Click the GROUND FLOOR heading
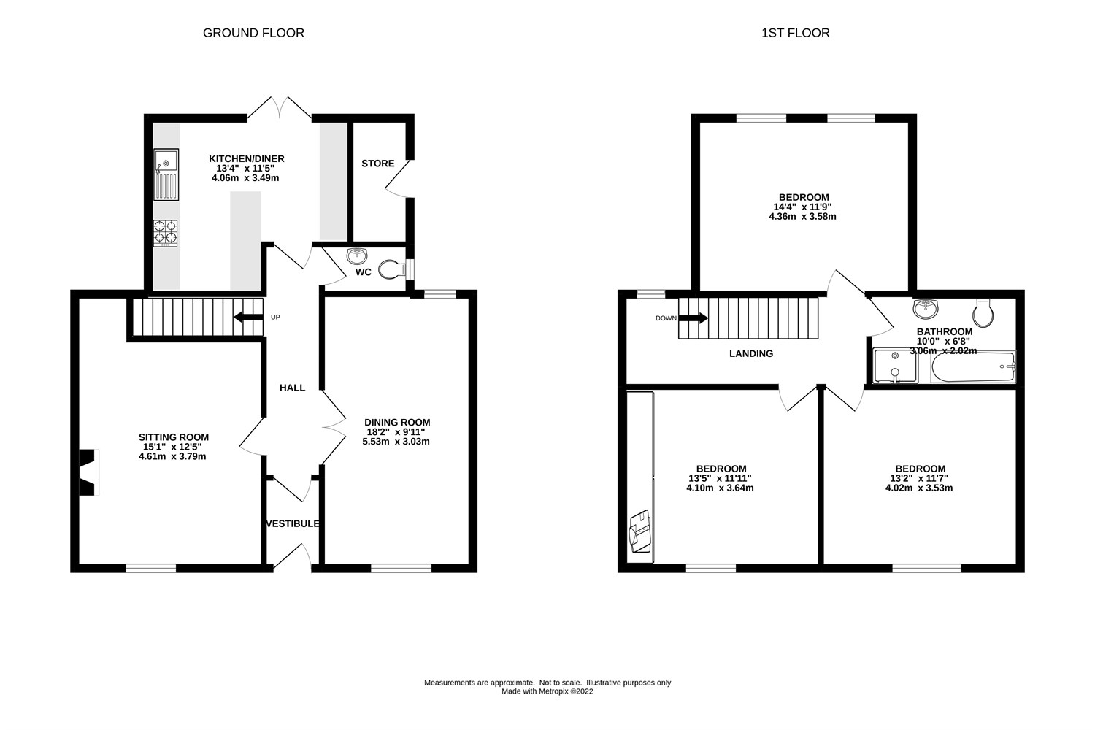click(x=253, y=33)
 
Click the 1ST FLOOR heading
click(x=795, y=33)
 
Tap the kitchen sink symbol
click(x=166, y=174)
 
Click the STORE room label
click(x=377, y=164)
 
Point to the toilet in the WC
click(x=393, y=270)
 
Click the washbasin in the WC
click(x=357, y=255)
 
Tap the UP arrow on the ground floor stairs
click(x=248, y=317)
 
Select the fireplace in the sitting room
click(x=88, y=472)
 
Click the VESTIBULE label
click(x=293, y=523)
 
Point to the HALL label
click(x=292, y=388)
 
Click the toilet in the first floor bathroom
click(x=983, y=312)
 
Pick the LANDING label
click(x=751, y=353)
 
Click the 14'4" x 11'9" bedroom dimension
click(x=802, y=207)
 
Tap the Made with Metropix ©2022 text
click(x=547, y=691)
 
